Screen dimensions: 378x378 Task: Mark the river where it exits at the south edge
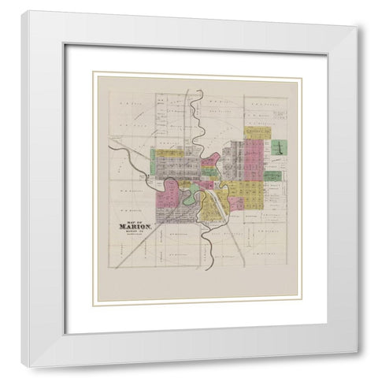(207, 265)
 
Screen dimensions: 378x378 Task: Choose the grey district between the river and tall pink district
(232, 161)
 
